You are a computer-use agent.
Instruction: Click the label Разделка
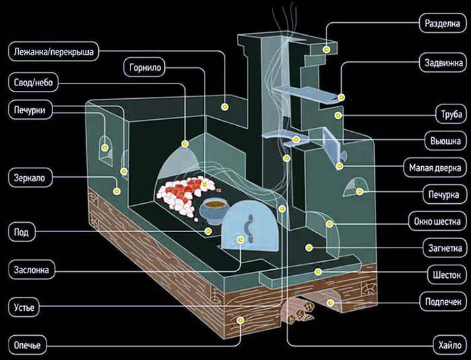click(441, 23)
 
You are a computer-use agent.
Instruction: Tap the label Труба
click(447, 112)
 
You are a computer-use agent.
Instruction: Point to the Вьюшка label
click(443, 141)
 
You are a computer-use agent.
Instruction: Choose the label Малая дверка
click(435, 166)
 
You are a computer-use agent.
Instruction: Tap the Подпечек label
click(440, 300)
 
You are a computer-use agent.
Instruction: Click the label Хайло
click(445, 347)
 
